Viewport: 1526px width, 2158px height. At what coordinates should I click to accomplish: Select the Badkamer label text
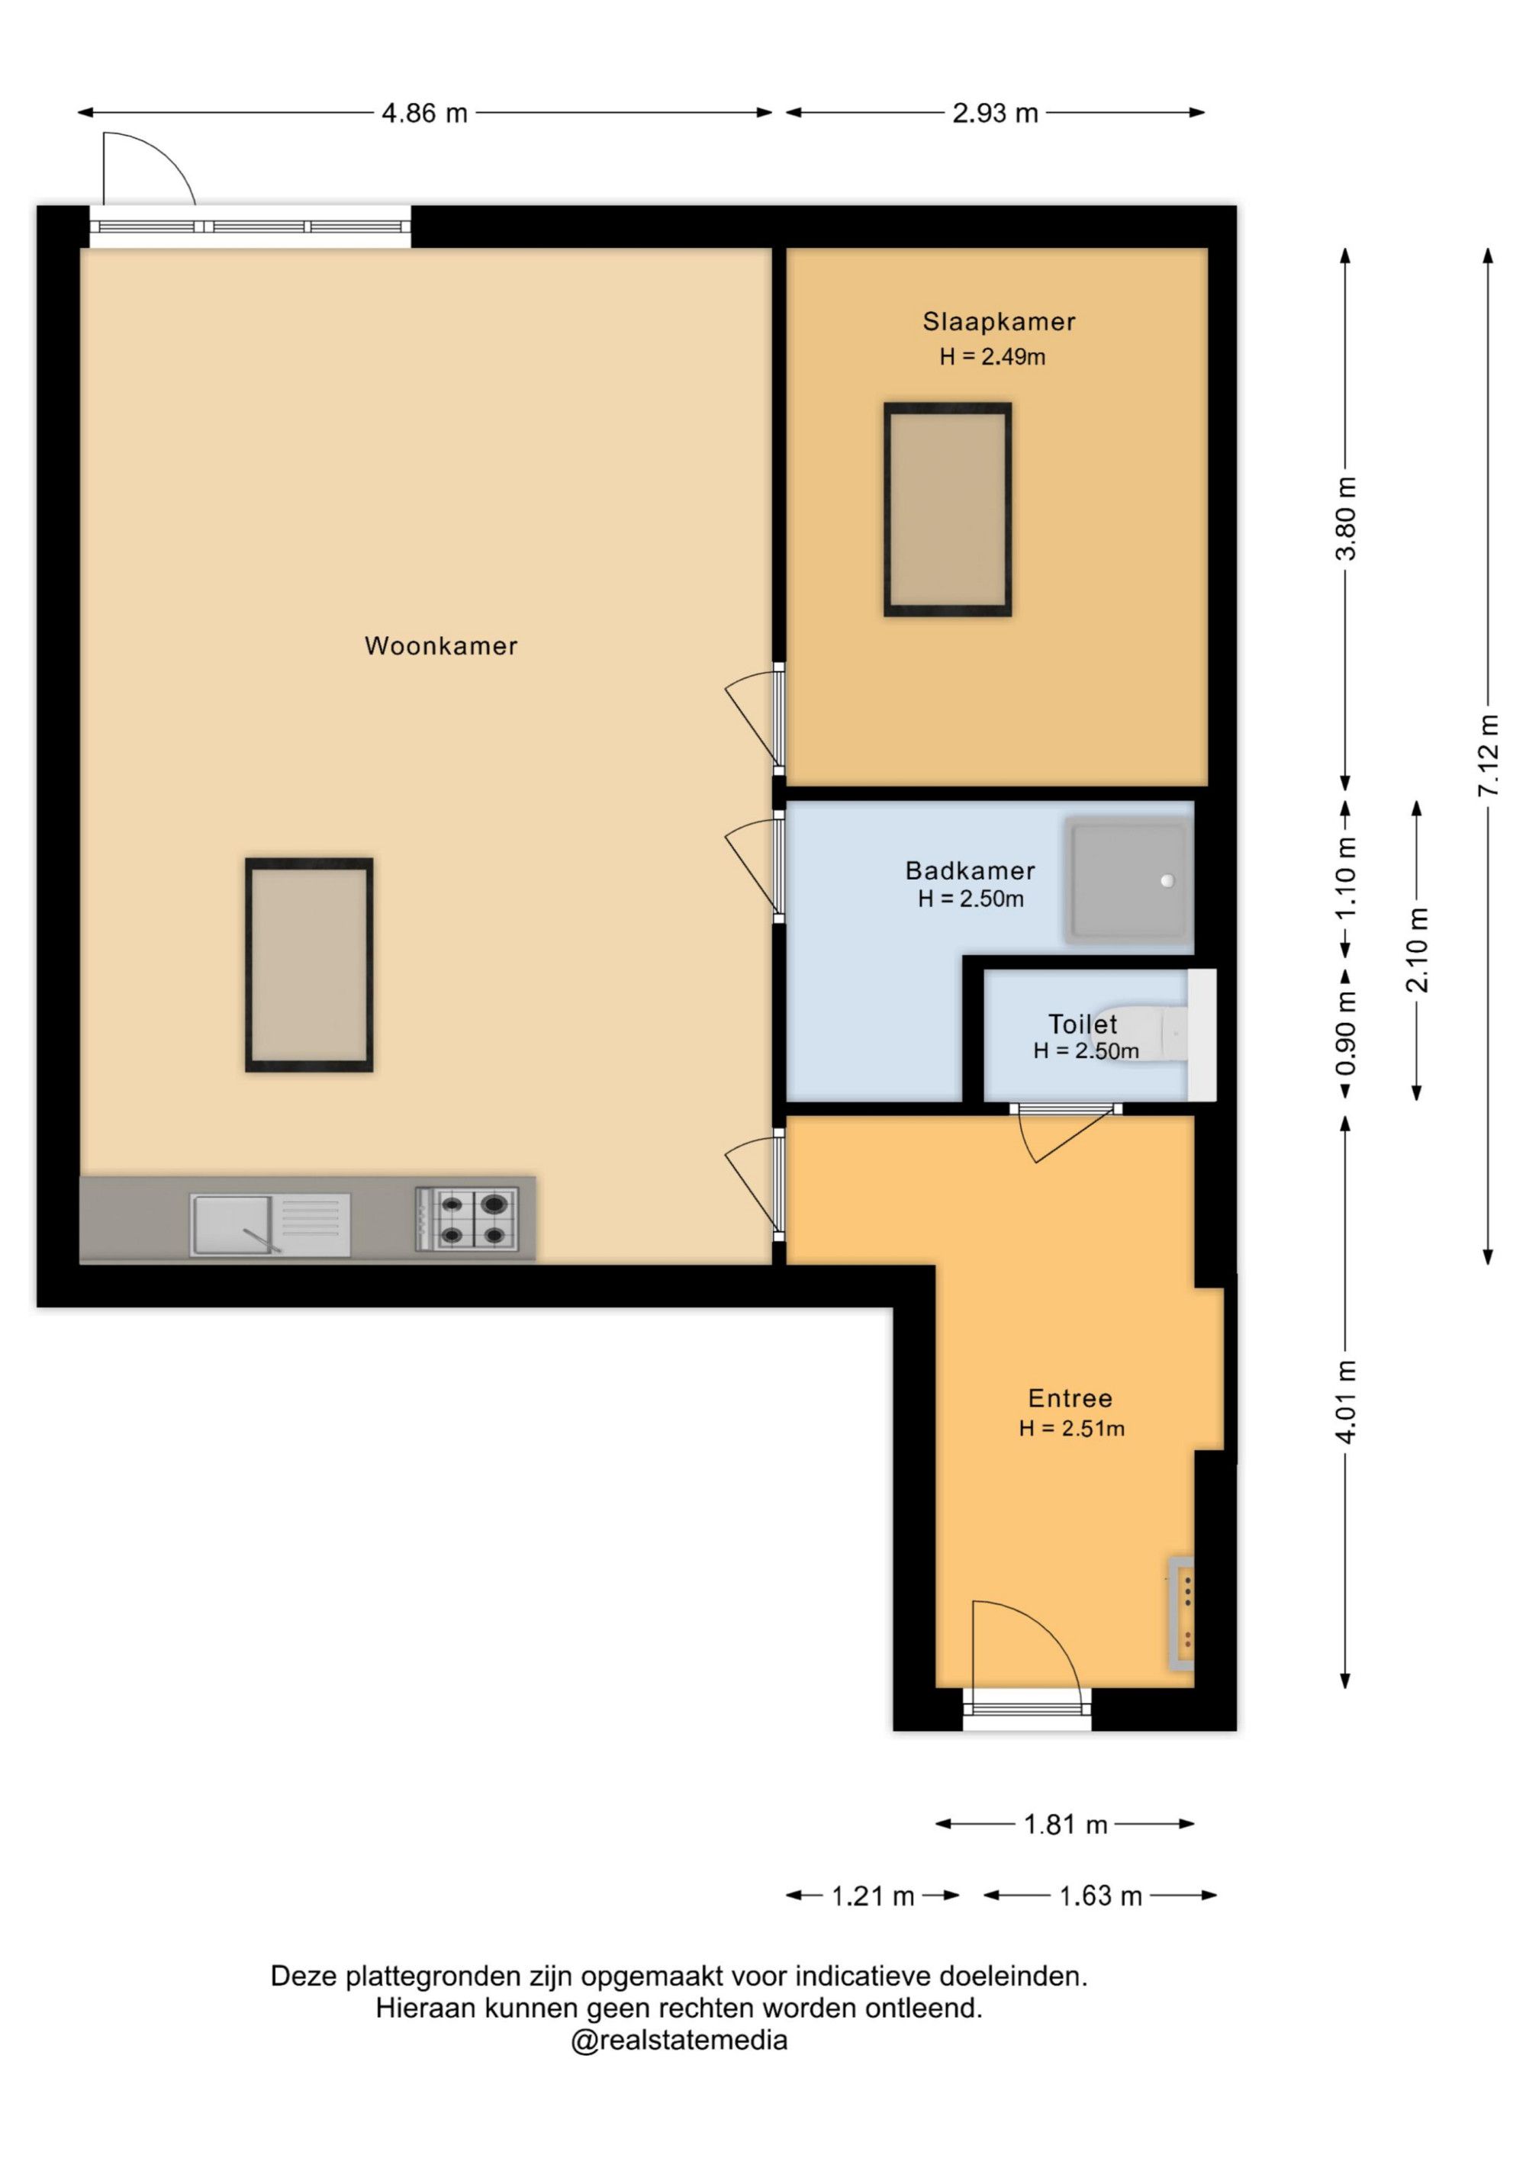971,870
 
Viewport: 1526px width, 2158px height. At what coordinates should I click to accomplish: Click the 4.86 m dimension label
424,113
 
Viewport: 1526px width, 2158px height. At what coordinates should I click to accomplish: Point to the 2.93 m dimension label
995,113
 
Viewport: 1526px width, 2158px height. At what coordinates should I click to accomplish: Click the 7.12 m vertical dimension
1487,757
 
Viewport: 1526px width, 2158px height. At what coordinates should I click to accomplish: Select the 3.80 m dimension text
1347,518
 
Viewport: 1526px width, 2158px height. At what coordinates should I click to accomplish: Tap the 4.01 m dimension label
1347,1401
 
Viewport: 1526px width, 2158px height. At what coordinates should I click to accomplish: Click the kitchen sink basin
231,1224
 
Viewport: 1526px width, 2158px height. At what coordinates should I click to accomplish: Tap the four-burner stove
467,1219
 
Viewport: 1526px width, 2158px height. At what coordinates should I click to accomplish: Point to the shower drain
1167,881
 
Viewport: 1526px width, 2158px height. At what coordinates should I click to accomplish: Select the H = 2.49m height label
992,356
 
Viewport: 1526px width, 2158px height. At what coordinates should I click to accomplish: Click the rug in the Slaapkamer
948,510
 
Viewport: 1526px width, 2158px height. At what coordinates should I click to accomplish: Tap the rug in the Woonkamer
309,964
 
